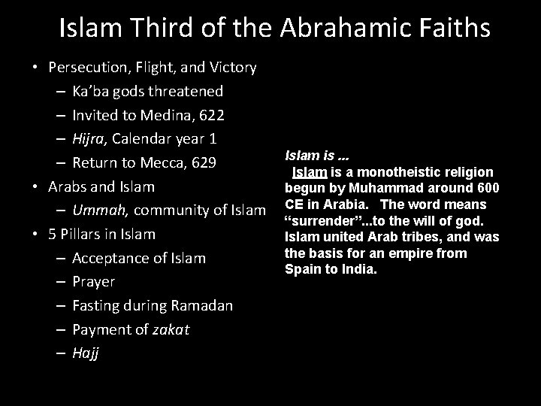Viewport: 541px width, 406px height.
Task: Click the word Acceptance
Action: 112,259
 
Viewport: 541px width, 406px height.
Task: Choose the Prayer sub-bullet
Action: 94,282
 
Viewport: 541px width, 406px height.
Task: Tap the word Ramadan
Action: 202,306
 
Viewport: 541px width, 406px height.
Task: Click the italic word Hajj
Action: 85,354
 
